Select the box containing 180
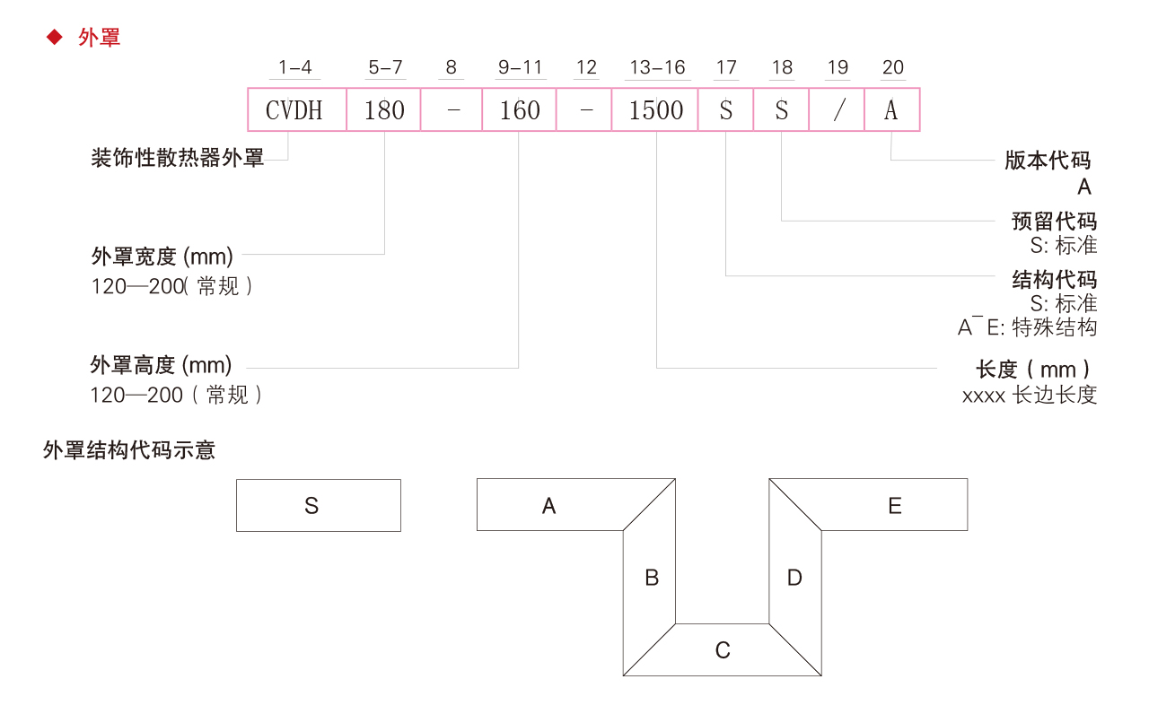(384, 110)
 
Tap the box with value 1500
(656, 110)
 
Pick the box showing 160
(519, 110)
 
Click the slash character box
(838, 110)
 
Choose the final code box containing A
(891, 110)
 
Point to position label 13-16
(657, 68)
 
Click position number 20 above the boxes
(893, 68)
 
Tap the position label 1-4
(294, 68)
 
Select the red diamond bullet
(55, 37)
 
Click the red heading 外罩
(99, 38)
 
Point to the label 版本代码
(1048, 161)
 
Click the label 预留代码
(1054, 222)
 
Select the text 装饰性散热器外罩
(178, 160)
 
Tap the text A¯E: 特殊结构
(1027, 327)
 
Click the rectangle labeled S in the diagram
(318, 505)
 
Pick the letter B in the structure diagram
(652, 578)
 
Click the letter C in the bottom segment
(723, 650)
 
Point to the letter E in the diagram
(894, 506)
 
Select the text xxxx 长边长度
(1030, 396)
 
